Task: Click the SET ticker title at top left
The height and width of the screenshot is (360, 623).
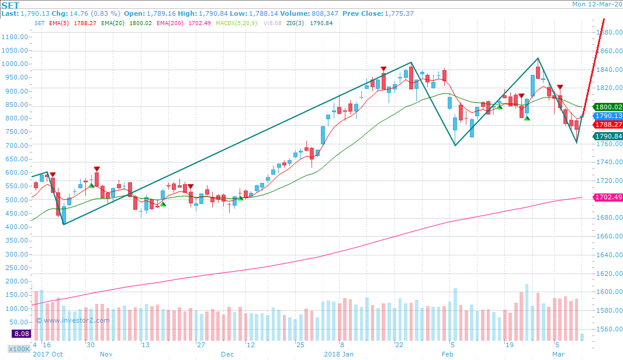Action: click(x=10, y=4)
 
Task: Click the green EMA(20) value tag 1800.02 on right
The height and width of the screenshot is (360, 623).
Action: click(x=607, y=107)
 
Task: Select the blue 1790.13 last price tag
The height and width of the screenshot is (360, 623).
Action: click(x=607, y=116)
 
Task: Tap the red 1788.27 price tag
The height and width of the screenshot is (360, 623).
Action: click(x=607, y=124)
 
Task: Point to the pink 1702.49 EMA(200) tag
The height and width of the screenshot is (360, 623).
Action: click(x=607, y=198)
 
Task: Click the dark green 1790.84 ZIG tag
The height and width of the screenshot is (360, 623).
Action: click(x=607, y=136)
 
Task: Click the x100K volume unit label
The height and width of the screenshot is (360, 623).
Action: click(x=19, y=349)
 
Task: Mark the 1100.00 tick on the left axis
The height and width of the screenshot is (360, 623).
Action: click(x=15, y=36)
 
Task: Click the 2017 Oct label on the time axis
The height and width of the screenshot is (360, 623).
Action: click(x=48, y=354)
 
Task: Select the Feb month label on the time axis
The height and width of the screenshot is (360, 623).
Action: click(x=448, y=354)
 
